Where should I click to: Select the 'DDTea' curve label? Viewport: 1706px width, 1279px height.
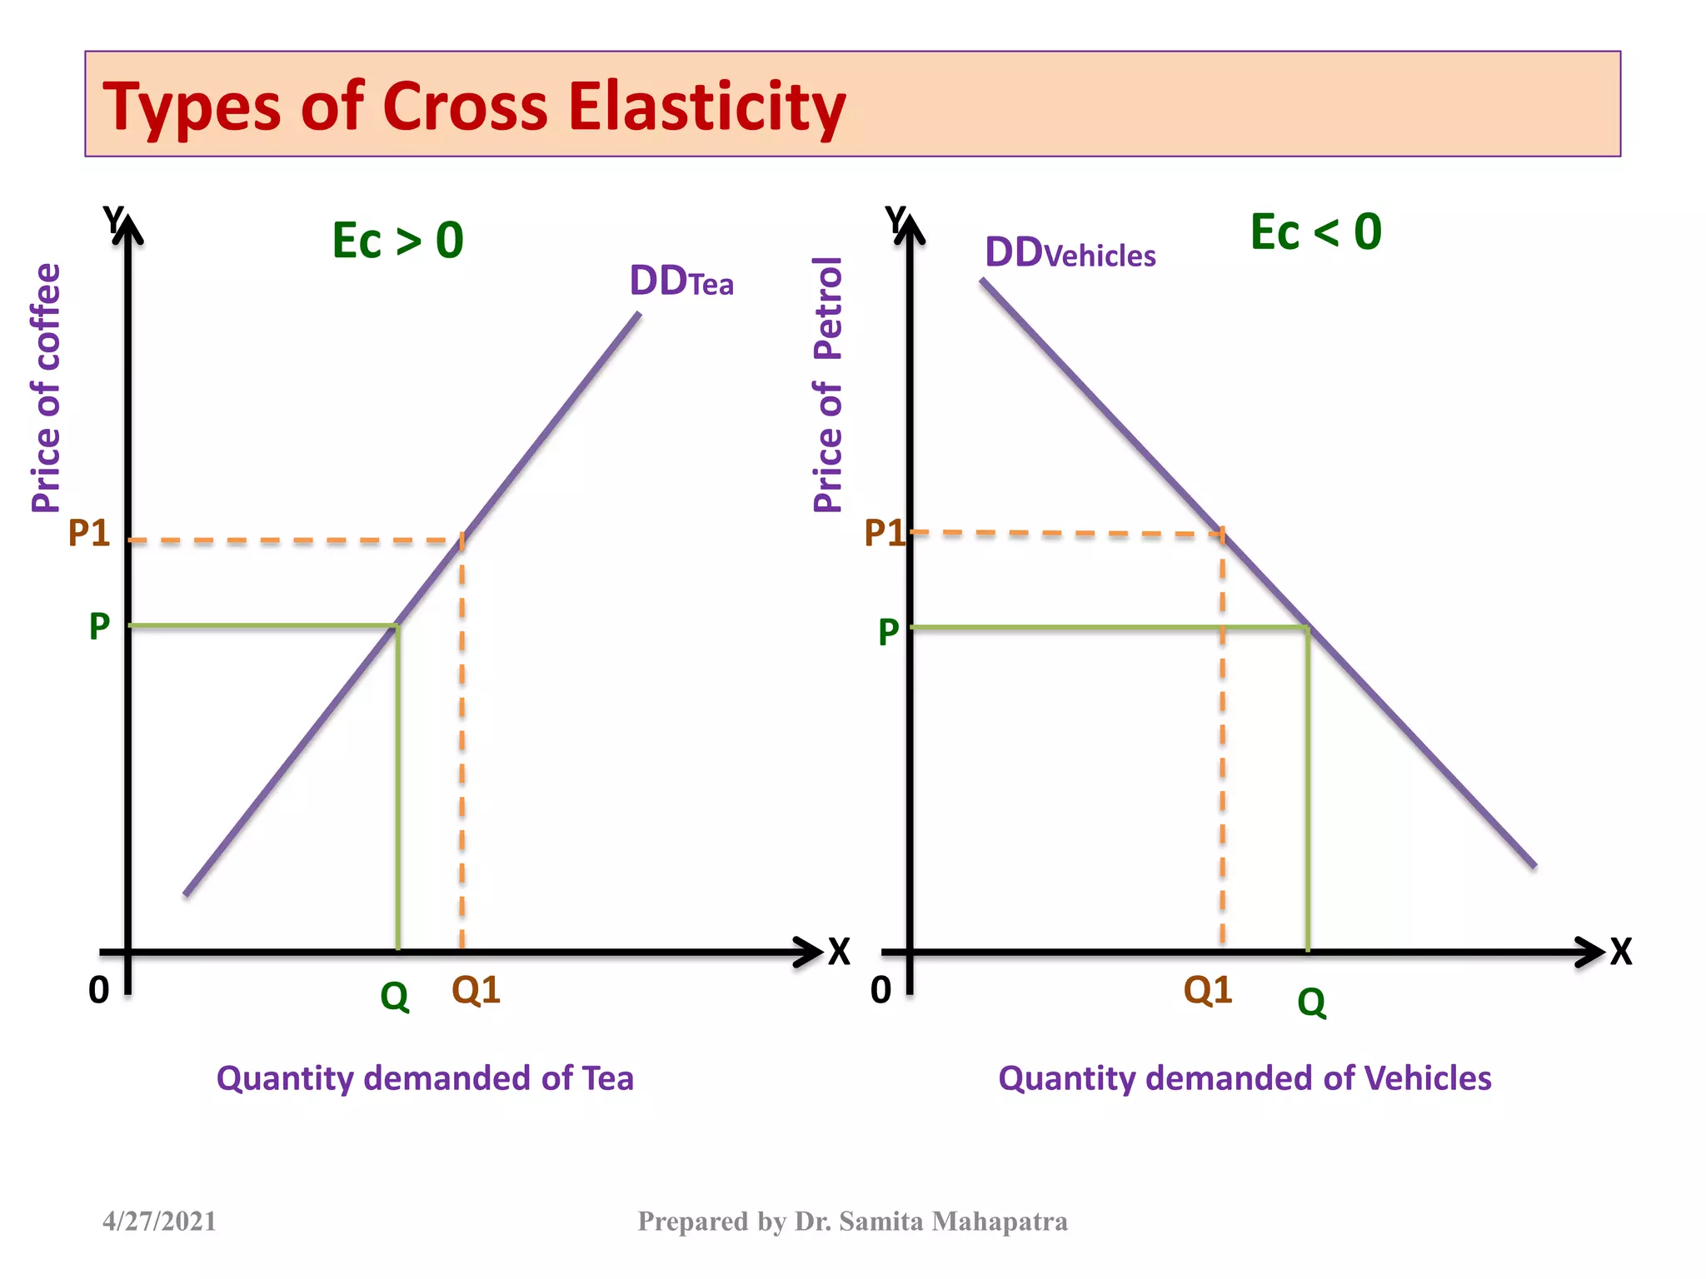coord(681,281)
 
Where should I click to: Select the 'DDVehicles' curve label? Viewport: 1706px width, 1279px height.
coord(1070,252)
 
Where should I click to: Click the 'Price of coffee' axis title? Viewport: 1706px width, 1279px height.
coord(47,387)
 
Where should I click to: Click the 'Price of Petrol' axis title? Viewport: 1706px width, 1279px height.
coord(828,384)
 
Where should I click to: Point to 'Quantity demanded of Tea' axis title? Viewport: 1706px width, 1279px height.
coord(425,1078)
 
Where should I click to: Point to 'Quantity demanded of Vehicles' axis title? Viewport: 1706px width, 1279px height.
coord(1245,1078)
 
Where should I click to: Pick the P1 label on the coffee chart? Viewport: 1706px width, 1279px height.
coord(88,533)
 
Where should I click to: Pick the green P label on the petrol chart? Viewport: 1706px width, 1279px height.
coord(889,632)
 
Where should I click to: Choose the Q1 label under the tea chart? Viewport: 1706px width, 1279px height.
coord(476,990)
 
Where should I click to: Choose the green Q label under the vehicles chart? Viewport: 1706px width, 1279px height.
coord(1311,1002)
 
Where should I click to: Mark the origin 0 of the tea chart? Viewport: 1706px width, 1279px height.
coord(99,990)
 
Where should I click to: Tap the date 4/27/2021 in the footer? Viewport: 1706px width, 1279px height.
coord(159,1222)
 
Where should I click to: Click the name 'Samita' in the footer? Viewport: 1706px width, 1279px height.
coord(881,1222)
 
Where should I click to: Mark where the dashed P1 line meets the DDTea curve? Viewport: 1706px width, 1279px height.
coord(462,540)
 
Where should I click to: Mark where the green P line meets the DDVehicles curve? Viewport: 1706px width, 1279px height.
coord(1308,628)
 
